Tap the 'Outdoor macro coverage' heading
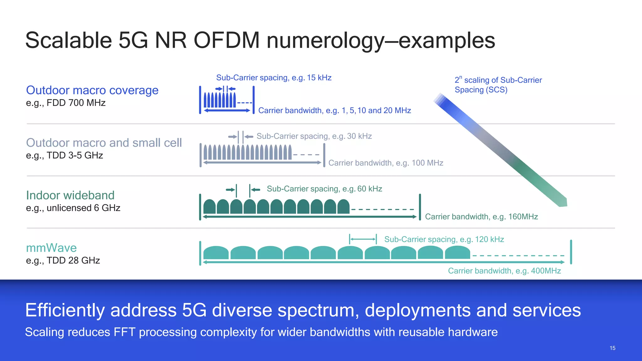[x=92, y=90]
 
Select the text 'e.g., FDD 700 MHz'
[x=66, y=103]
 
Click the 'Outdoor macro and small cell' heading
[x=104, y=143]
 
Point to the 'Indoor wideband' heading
[x=70, y=195]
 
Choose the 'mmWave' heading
[x=51, y=248]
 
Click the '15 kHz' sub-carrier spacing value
[x=319, y=78]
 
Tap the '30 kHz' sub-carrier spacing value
[x=359, y=136]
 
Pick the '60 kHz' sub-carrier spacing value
[x=370, y=189]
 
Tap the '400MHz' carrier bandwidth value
[x=546, y=271]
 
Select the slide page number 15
[x=613, y=348]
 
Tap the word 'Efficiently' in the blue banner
[x=65, y=310]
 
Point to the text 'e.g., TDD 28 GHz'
[x=63, y=260]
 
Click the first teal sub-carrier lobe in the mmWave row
[x=216, y=253]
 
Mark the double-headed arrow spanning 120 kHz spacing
[x=363, y=239]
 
